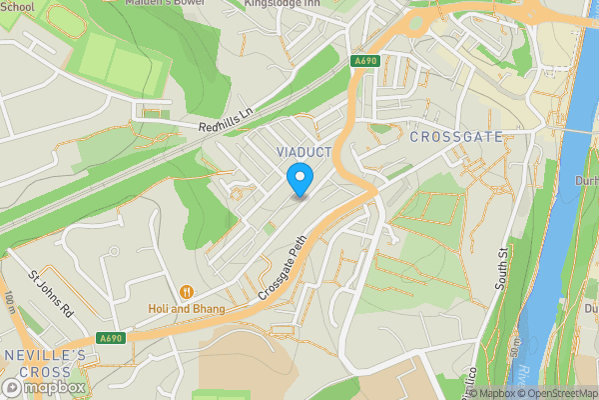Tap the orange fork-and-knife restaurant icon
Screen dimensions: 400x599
click(x=186, y=292)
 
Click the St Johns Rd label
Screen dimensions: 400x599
click(x=51, y=294)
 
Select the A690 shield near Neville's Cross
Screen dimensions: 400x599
click(x=111, y=339)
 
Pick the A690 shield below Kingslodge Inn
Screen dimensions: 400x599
click(x=364, y=62)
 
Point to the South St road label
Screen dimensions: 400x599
click(x=502, y=267)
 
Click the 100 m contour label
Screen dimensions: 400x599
click(x=9, y=301)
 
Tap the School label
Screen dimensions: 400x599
click(x=17, y=6)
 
